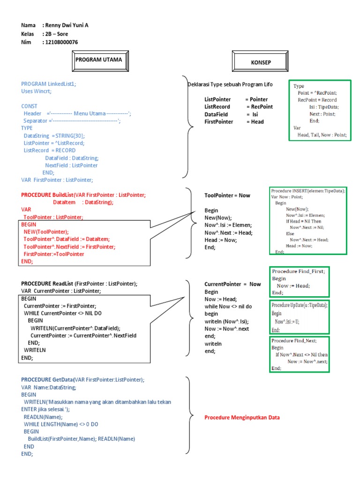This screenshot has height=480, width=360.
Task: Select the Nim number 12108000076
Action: coord(61,42)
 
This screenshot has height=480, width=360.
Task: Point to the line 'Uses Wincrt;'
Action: coord(37,91)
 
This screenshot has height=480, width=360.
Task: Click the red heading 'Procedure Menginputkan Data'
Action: coord(242,417)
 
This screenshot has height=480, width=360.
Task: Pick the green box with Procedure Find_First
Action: coord(298,282)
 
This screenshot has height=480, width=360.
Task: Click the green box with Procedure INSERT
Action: coord(308,220)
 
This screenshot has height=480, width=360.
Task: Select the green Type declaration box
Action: coord(319,110)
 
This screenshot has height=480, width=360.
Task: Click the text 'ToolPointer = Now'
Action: coord(227,195)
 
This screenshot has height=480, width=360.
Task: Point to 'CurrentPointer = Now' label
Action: coord(232,284)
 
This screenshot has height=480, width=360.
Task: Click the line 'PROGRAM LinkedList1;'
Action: coord(48,84)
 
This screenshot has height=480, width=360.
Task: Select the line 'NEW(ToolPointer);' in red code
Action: coord(46,232)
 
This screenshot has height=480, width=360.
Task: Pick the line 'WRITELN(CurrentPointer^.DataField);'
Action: coord(75,328)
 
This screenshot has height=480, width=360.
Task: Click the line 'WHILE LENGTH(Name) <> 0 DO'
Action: coord(61,424)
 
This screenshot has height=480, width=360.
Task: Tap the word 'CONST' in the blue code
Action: coord(29,106)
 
